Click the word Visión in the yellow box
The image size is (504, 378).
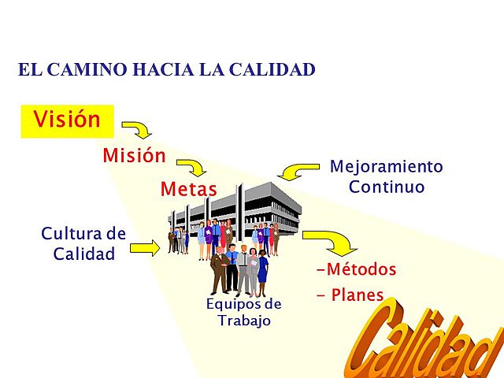click(x=67, y=120)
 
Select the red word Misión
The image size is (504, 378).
click(x=134, y=156)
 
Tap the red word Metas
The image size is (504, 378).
click(x=188, y=189)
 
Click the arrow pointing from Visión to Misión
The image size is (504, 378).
click(x=138, y=129)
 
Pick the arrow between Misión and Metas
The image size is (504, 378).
click(x=192, y=166)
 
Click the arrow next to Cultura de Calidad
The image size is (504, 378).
click(x=145, y=248)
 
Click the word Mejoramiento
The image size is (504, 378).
click(x=386, y=167)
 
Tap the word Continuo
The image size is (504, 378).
click(x=386, y=187)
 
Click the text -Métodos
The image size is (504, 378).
click(x=356, y=269)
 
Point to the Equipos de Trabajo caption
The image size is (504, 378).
click(x=243, y=312)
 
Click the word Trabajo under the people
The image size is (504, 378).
click(x=243, y=321)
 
